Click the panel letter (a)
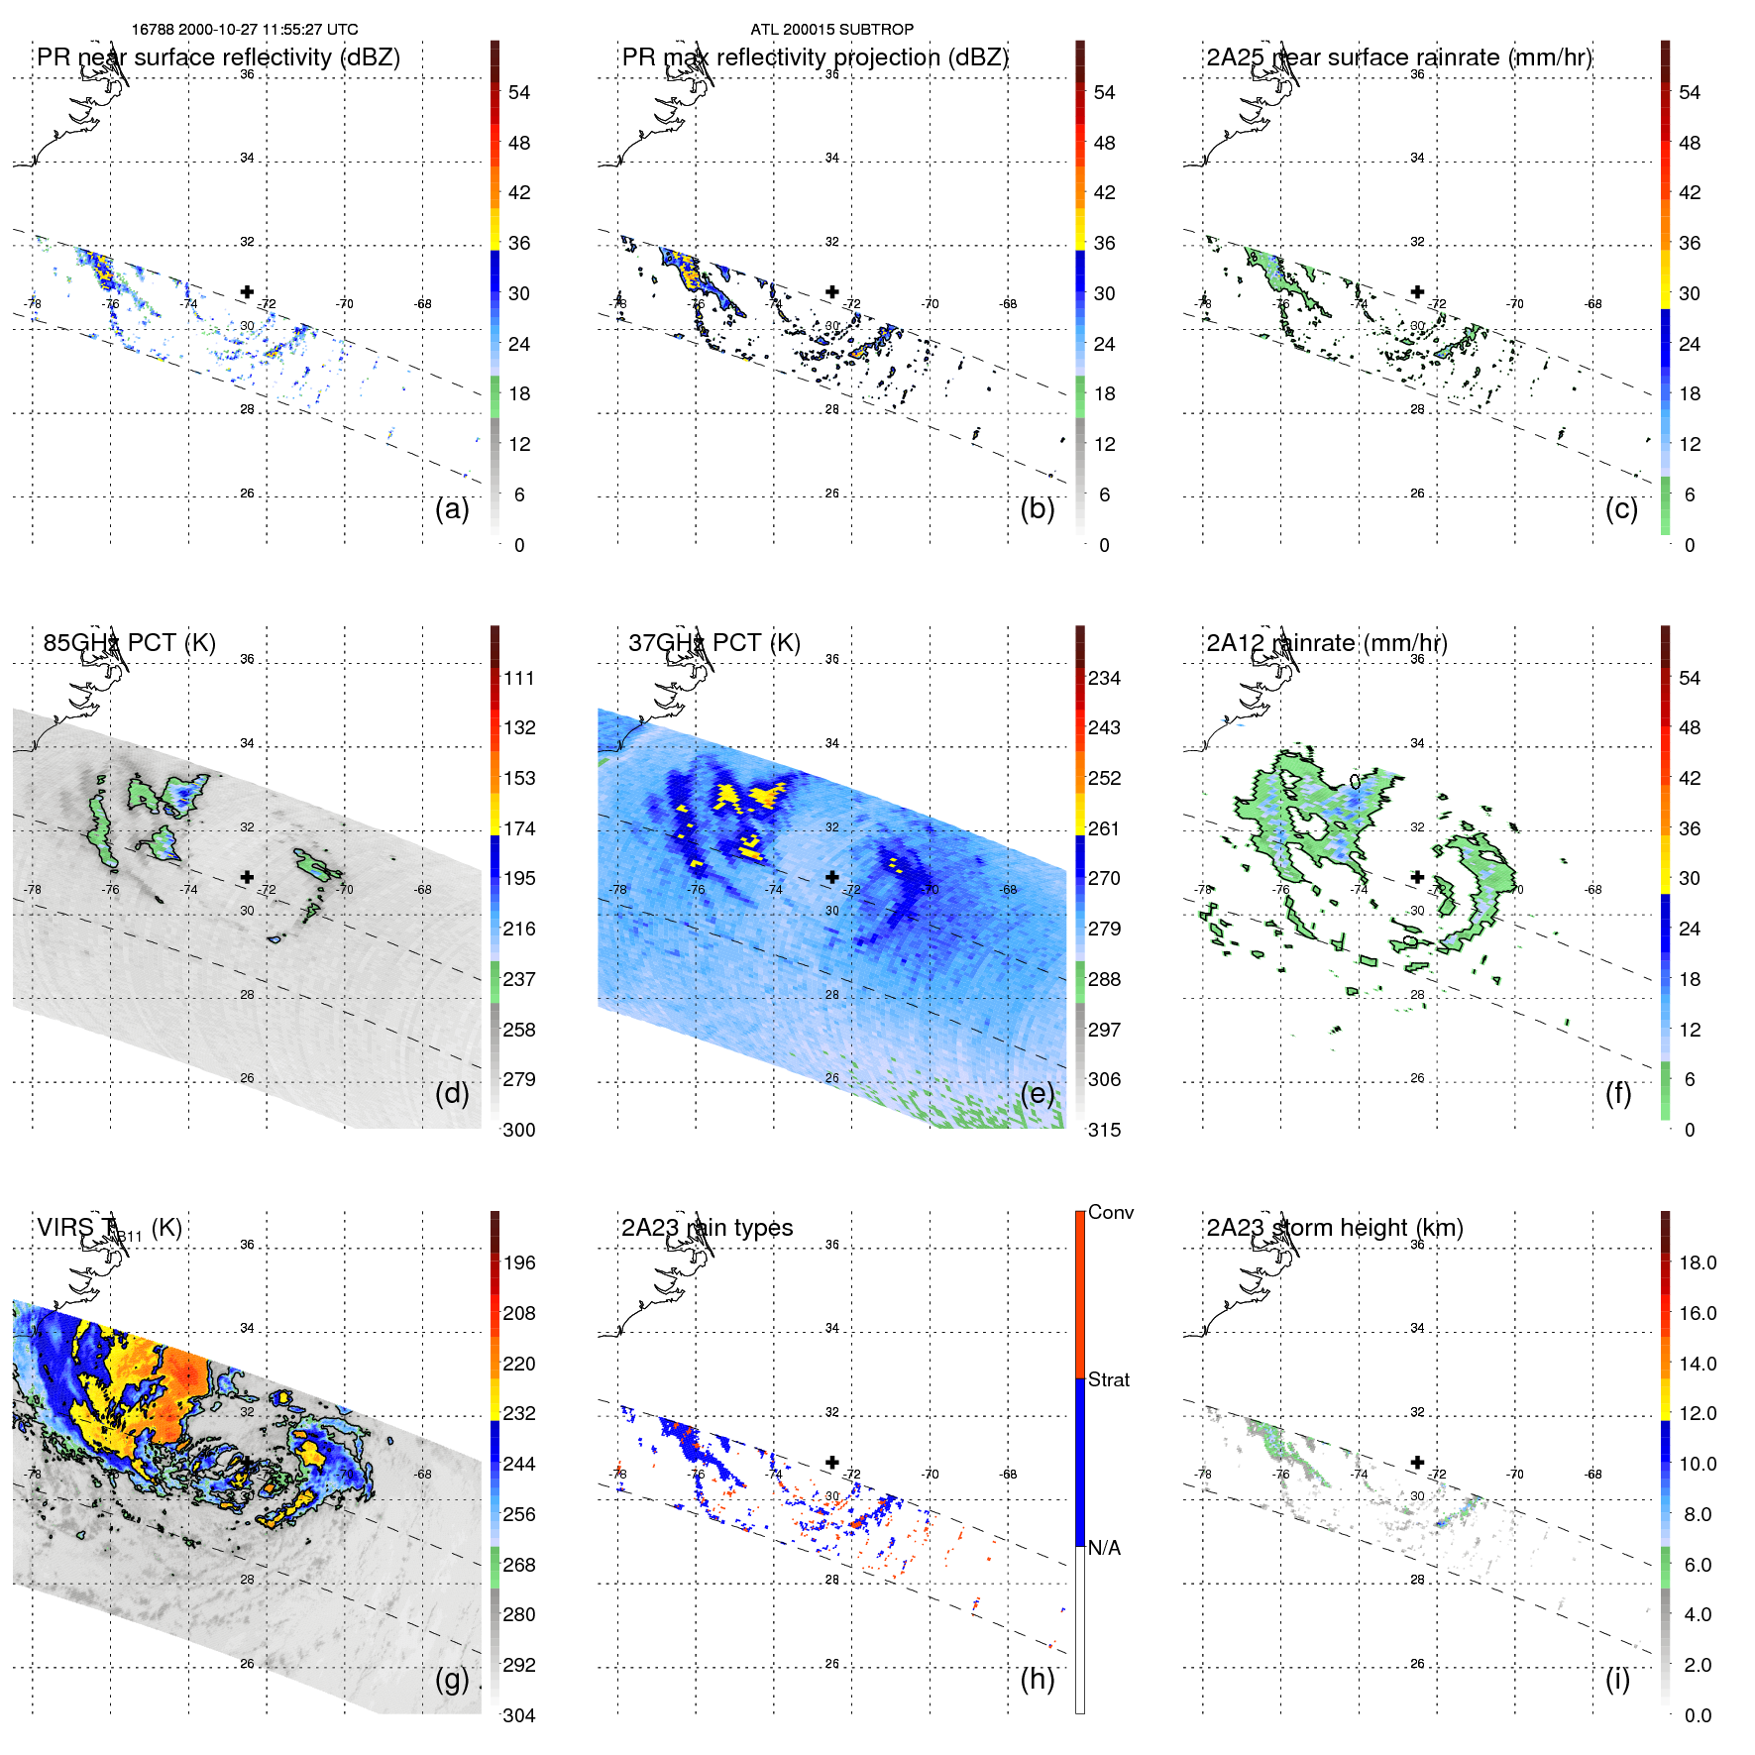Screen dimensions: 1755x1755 (x=452, y=509)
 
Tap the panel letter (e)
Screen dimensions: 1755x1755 (x=1037, y=1094)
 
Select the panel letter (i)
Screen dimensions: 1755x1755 (x=1617, y=1680)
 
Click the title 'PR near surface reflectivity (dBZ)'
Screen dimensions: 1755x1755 (x=218, y=57)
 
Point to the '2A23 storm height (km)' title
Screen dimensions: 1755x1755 (x=1334, y=1228)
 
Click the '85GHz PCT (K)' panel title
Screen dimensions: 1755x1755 (x=129, y=643)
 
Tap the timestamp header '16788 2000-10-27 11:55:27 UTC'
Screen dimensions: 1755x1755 (x=245, y=30)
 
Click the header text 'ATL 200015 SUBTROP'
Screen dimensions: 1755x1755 (x=831, y=30)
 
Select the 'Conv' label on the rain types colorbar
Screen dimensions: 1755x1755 (x=1110, y=1212)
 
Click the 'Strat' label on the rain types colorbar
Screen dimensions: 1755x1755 (x=1108, y=1379)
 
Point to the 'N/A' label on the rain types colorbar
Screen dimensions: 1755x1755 (x=1104, y=1548)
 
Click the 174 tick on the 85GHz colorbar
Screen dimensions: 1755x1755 (x=519, y=828)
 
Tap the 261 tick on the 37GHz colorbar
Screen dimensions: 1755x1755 (x=1104, y=828)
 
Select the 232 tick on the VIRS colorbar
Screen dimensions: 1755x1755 (x=519, y=1413)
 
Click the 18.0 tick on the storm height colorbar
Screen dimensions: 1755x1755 (x=1697, y=1262)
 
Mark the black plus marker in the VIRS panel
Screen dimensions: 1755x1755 (x=247, y=1462)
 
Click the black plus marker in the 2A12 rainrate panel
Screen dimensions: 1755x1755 (x=1417, y=877)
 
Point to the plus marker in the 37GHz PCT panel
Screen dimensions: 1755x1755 (x=832, y=877)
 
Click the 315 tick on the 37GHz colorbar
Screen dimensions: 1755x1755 (x=1104, y=1130)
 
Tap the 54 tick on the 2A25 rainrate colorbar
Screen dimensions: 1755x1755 (x=1690, y=92)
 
